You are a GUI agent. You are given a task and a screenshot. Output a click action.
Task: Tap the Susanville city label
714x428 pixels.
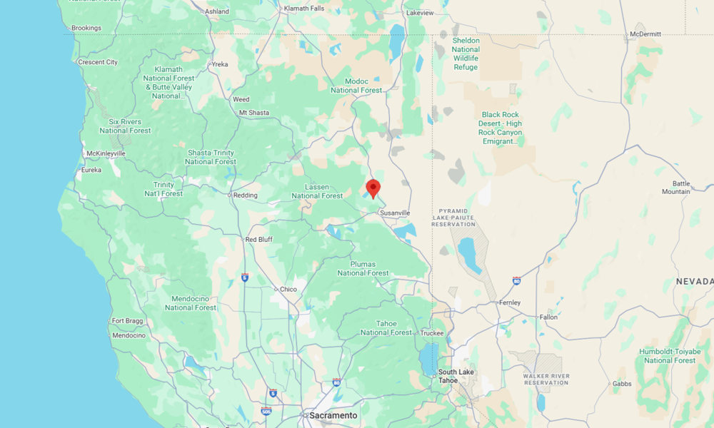(395, 213)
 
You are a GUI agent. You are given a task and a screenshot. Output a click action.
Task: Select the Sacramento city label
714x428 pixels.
(332, 415)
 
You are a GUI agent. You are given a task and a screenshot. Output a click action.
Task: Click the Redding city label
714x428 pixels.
(246, 195)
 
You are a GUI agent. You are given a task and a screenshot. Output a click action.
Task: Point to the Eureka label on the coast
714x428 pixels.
(92, 170)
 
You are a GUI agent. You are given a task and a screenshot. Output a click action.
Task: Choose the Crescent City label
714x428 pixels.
(98, 62)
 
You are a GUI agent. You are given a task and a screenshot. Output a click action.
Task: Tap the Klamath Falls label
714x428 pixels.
(303, 8)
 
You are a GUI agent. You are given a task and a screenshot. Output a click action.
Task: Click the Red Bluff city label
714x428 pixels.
(258, 240)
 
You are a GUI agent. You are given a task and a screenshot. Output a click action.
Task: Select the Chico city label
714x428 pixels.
(288, 289)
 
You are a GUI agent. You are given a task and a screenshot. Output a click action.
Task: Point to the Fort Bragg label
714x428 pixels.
(127, 321)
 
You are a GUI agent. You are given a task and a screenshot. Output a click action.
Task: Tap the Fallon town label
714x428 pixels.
(549, 317)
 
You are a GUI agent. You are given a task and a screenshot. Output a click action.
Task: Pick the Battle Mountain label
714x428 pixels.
(676, 187)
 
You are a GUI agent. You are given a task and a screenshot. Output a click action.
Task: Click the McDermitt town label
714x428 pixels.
(645, 34)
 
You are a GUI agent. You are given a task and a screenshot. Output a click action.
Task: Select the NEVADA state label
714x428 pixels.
(694, 282)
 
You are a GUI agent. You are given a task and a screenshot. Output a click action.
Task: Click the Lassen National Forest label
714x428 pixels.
(317, 191)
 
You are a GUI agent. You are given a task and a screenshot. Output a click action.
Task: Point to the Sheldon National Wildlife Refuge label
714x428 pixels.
(466, 53)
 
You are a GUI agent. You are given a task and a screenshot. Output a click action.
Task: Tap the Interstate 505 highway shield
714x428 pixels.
(266, 411)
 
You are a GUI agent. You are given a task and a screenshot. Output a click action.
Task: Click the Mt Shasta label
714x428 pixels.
(254, 113)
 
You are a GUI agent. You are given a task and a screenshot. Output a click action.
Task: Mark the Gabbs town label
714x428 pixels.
(621, 384)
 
